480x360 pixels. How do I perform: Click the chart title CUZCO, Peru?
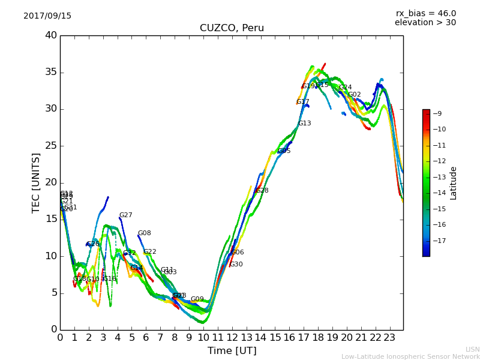pyautogui.click(x=232, y=28)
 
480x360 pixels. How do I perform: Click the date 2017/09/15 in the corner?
pyautogui.click(x=47, y=16)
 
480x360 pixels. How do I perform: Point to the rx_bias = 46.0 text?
pyautogui.click(x=425, y=14)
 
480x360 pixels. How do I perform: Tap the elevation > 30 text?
pyautogui.click(x=425, y=23)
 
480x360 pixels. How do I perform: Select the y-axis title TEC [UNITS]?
pyautogui.click(x=36, y=182)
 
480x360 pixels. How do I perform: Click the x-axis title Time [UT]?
pyautogui.click(x=232, y=351)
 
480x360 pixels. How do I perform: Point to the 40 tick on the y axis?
pyautogui.click(x=51, y=35)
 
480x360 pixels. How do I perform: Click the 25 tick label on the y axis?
pyautogui.click(x=51, y=146)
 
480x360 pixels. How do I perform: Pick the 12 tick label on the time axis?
pyautogui.click(x=232, y=338)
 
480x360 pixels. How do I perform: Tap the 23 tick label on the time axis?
pyautogui.click(x=389, y=338)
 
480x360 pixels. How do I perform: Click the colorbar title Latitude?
pyautogui.click(x=454, y=183)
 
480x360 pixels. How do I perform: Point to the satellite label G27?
pyautogui.click(x=125, y=215)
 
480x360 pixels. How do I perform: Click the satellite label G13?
pyautogui.click(x=304, y=124)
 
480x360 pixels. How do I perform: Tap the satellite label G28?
pyautogui.click(x=262, y=191)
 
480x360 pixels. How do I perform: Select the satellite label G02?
pyautogui.click(x=354, y=95)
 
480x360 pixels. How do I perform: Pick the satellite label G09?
pyautogui.click(x=197, y=299)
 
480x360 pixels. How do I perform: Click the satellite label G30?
pyautogui.click(x=236, y=265)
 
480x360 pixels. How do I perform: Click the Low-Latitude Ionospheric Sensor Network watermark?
pyautogui.click(x=410, y=357)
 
